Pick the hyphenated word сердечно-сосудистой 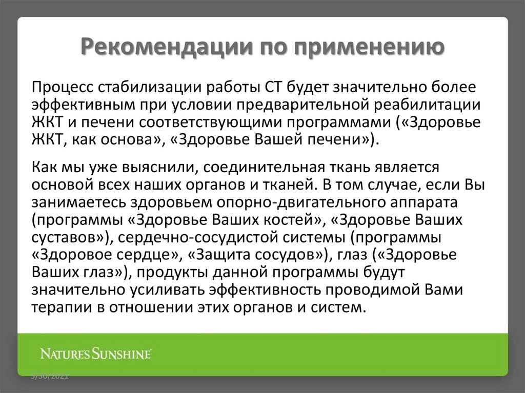(195, 237)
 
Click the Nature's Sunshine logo (96, 354)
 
